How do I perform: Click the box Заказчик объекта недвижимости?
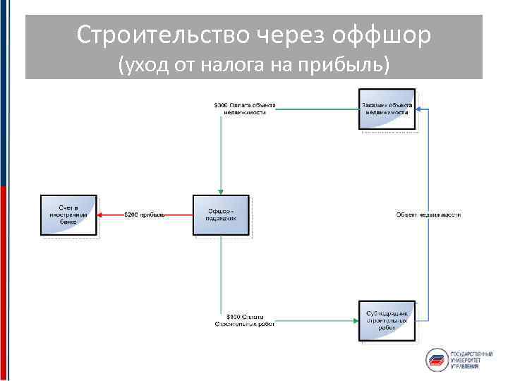click(386, 109)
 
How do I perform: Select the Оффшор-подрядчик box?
click(221, 214)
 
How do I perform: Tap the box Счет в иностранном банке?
click(68, 214)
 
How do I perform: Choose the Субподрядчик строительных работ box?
click(387, 320)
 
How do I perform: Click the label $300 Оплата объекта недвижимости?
click(245, 109)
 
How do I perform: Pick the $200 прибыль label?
click(144, 214)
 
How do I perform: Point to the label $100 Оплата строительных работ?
click(245, 320)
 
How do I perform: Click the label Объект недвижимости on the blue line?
click(428, 214)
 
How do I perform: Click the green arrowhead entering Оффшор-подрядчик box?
click(221, 191)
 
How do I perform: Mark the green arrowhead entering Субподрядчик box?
click(355, 320)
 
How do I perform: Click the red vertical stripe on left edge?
click(4, 282)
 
